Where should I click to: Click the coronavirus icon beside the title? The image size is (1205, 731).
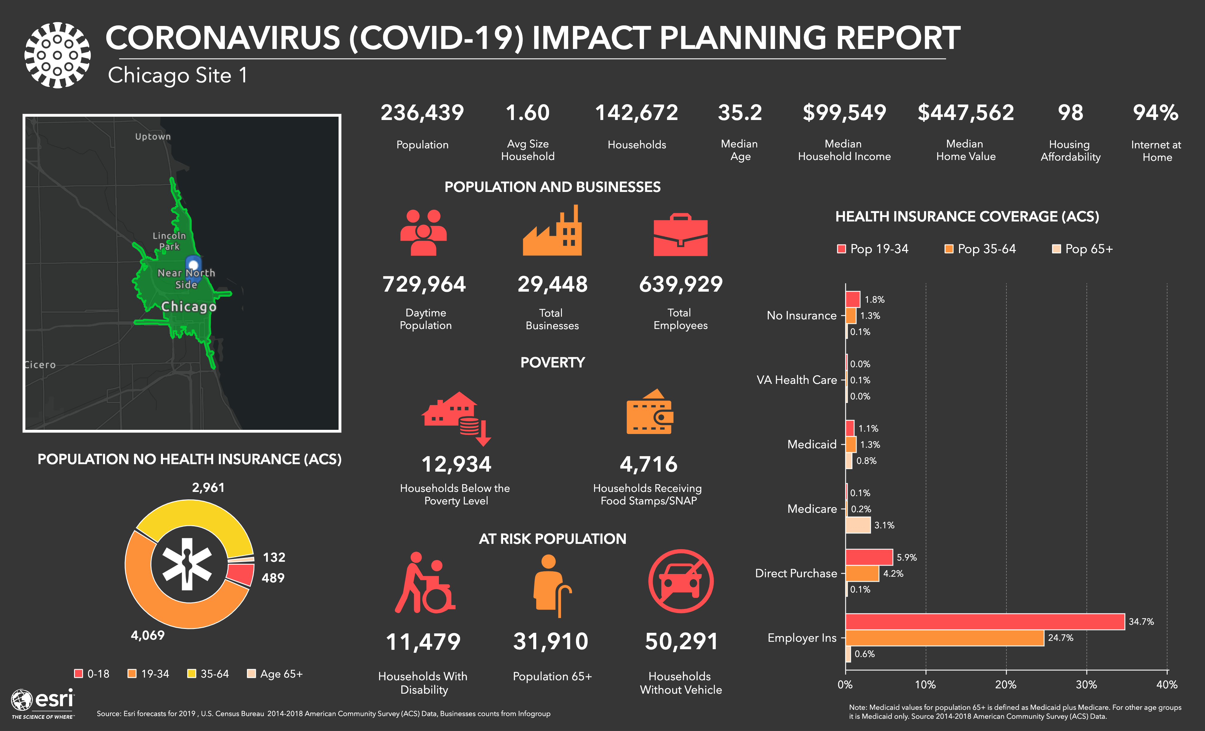pos(57,55)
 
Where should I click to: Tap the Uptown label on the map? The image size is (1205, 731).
pos(153,136)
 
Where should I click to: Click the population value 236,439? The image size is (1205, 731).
pos(422,113)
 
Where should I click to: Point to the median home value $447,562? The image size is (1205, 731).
pos(965,113)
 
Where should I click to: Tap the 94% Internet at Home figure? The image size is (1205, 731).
pos(1156,113)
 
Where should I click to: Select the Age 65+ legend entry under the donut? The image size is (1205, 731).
pos(275,674)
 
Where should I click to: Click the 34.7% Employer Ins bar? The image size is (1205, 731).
pos(984,621)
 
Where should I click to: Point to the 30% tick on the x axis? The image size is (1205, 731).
pos(1086,684)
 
